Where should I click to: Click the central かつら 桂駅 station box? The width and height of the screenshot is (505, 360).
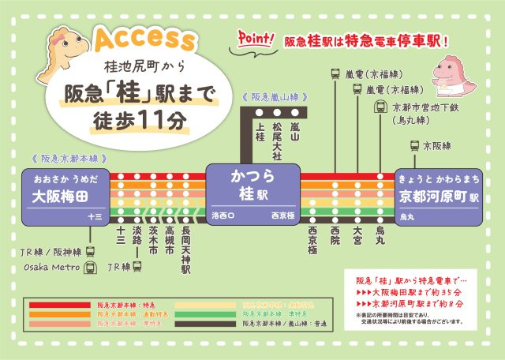(251, 192)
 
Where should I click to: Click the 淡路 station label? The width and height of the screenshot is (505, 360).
(137, 240)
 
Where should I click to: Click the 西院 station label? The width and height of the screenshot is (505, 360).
(335, 235)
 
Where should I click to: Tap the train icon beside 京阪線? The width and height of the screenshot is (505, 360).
(414, 146)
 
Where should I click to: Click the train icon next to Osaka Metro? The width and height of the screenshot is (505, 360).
(89, 268)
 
